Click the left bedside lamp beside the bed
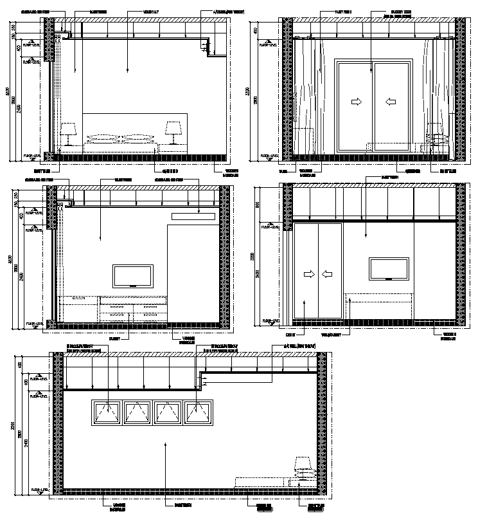point(68,133)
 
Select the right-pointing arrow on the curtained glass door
point(355,102)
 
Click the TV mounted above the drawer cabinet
point(133,276)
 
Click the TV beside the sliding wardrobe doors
point(389,269)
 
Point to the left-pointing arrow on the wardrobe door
point(328,275)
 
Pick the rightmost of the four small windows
point(198,413)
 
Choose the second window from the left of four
point(137,413)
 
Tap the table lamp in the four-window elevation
point(303,465)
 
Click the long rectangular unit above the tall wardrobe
point(193,216)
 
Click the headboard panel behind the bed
point(134,127)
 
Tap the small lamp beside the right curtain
point(438,140)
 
